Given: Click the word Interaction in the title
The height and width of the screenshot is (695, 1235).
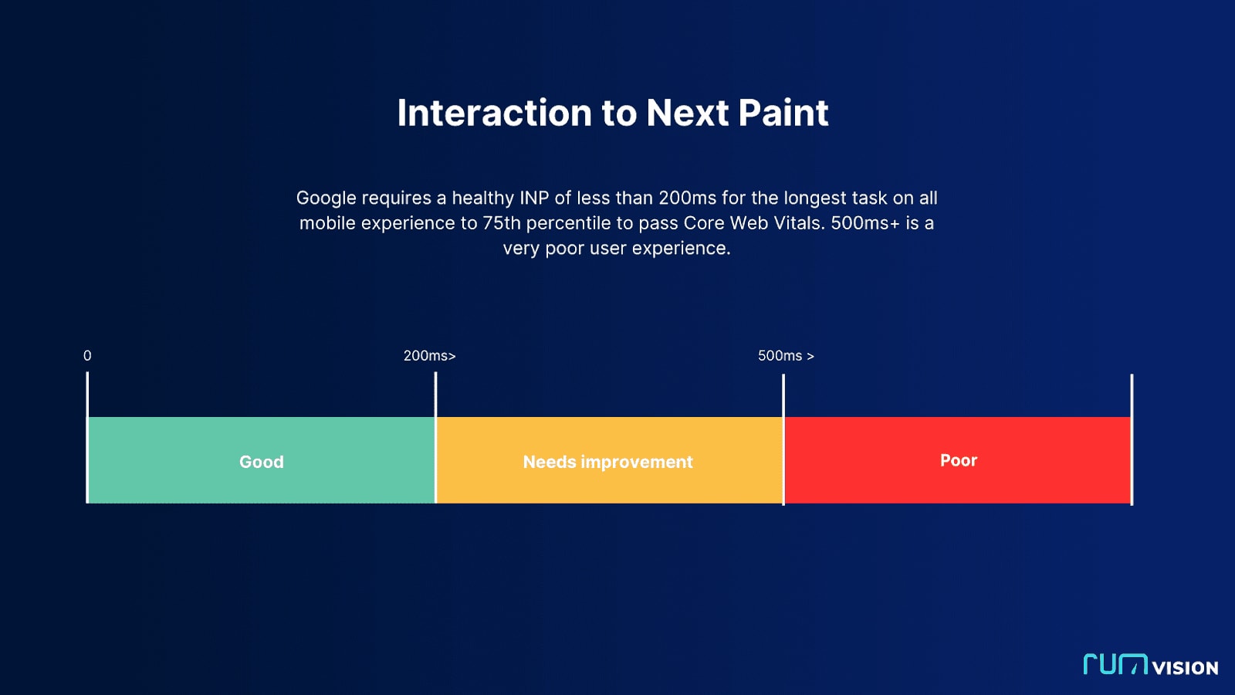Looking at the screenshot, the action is tap(495, 113).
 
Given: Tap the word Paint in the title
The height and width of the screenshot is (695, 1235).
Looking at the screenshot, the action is tap(783, 113).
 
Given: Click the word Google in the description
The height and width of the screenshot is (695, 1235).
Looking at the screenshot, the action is tap(326, 198).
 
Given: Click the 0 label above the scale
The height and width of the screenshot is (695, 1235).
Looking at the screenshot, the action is tap(87, 356).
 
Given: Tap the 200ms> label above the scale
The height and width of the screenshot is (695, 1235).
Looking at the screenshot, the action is tap(429, 356).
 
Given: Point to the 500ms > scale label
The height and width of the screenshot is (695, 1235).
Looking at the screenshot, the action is tap(786, 356).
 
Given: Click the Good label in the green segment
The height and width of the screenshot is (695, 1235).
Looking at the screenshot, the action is tap(262, 462).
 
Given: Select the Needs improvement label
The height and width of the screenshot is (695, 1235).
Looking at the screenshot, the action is tap(607, 462).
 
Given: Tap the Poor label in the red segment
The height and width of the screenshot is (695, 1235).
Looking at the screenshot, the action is tap(958, 460).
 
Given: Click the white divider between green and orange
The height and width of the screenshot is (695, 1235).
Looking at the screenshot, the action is tap(435, 438).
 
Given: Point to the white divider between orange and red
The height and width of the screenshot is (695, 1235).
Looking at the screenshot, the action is tap(783, 439).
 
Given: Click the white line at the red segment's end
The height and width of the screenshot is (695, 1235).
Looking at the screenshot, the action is tap(1132, 439).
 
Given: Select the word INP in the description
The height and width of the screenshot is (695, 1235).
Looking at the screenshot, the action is tap(534, 198).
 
